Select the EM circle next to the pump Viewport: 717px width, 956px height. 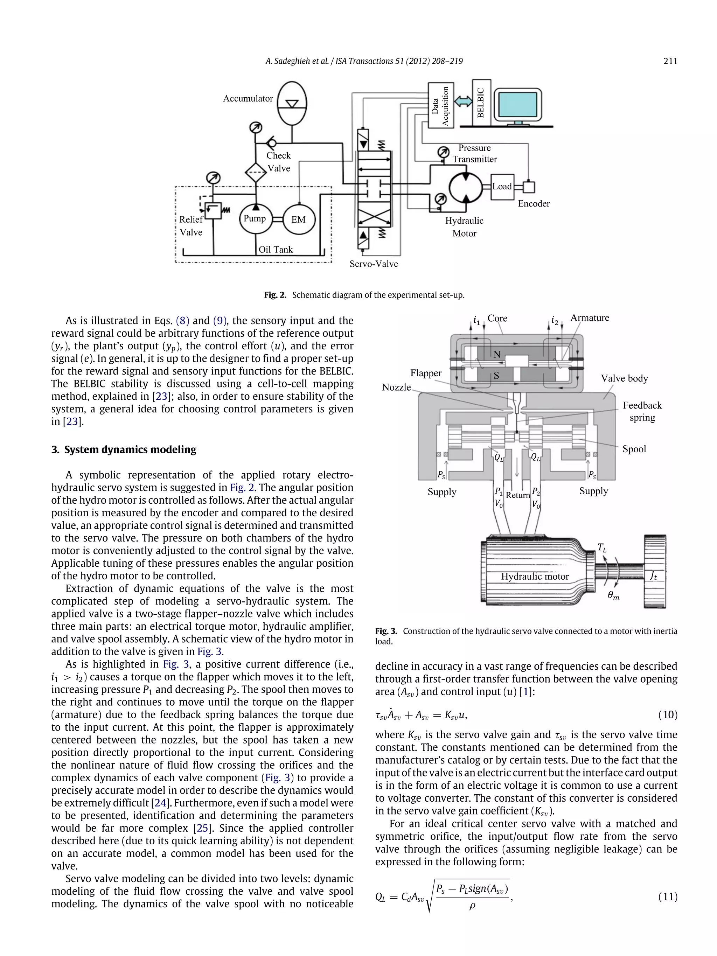pyautogui.click(x=298, y=219)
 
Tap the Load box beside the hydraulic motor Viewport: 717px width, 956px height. pyautogui.click(x=502, y=187)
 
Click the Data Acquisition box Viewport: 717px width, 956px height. pyautogui.click(x=440, y=105)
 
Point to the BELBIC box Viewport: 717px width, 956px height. pyautogui.click(x=481, y=103)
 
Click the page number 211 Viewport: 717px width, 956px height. pyautogui.click(x=670, y=61)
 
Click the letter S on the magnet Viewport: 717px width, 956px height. pyautogui.click(x=496, y=376)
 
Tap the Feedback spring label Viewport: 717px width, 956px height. pyautogui.click(x=642, y=411)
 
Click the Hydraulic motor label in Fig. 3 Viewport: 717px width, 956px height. pyautogui.click(x=535, y=577)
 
